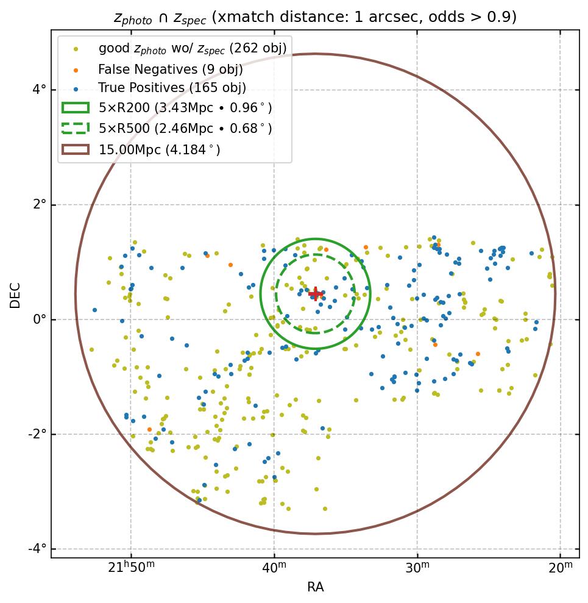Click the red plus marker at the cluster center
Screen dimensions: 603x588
[x=315, y=294]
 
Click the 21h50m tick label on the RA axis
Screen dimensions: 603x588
[x=131, y=568]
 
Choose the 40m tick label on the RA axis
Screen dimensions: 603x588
[x=274, y=568]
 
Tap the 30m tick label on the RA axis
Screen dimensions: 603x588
[x=417, y=568]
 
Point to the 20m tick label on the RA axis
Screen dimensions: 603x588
[x=561, y=568]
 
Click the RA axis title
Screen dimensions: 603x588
[x=315, y=587]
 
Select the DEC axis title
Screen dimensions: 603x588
[x=15, y=294]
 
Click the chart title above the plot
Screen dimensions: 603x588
[x=315, y=17]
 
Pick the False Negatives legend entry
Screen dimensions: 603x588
[x=170, y=70]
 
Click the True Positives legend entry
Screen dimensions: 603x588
[x=172, y=88]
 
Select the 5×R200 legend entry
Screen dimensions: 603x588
[x=185, y=109]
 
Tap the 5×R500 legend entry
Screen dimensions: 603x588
[x=185, y=129]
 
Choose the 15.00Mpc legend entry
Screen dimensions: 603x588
[x=159, y=149]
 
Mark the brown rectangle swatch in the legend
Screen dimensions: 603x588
[x=76, y=149]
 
